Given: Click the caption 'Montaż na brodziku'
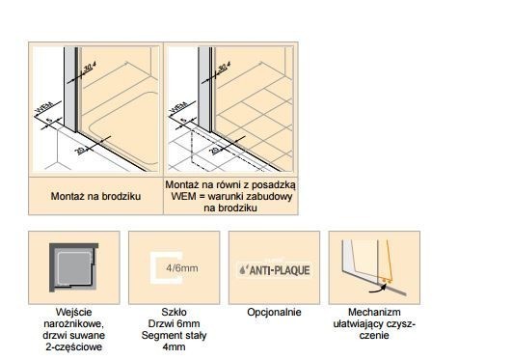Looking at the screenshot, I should (96, 196).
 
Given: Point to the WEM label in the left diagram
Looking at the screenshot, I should (40, 102).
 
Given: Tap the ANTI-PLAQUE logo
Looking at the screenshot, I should (274, 269).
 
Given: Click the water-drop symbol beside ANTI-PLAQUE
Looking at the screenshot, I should (242, 269).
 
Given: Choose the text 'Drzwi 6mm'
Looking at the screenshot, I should (174, 324).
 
